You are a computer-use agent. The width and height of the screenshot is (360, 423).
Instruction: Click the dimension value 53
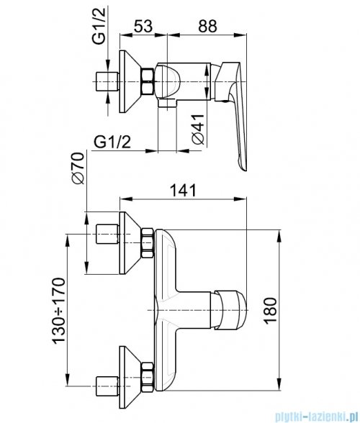[143, 27]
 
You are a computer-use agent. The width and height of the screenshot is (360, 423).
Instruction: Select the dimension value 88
[207, 27]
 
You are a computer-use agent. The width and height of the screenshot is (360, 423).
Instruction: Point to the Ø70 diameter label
[77, 168]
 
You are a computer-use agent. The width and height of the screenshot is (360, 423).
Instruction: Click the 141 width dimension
[183, 191]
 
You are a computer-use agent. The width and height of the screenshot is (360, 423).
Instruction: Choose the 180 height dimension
[270, 311]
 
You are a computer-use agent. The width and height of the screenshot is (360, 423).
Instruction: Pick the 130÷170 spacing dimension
[58, 311]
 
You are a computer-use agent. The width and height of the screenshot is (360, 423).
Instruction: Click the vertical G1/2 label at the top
[99, 26]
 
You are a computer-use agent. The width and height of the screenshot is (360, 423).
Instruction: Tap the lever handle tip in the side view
[243, 168]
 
